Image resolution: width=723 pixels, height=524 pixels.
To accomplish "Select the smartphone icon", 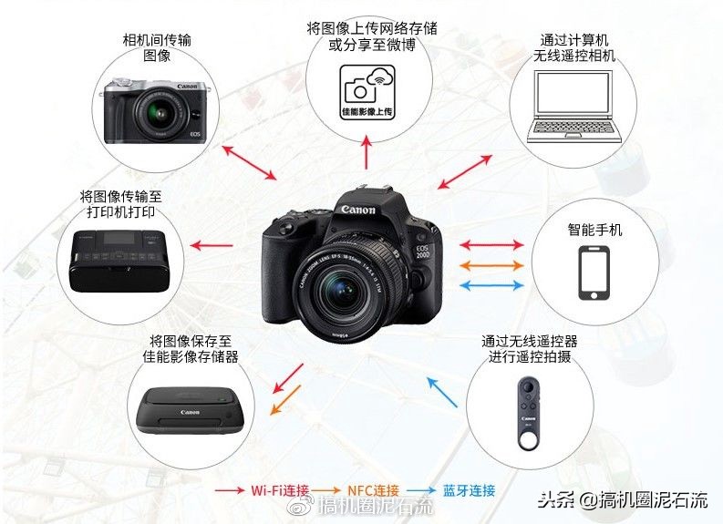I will tap(594, 273).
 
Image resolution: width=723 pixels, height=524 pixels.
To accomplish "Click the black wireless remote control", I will tap(527, 407).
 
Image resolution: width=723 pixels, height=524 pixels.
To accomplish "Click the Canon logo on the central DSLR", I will tap(358, 210).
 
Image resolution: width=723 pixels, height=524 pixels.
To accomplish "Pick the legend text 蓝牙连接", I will tap(469, 490).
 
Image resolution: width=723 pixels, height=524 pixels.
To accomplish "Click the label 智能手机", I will tap(594, 230).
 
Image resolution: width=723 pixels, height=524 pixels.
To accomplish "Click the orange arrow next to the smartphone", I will tap(491, 265).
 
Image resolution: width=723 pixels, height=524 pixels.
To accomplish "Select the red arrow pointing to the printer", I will tap(215, 245).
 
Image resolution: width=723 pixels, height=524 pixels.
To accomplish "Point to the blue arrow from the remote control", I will tap(442, 392).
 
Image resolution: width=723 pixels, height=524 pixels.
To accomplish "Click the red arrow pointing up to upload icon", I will tap(367, 155).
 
